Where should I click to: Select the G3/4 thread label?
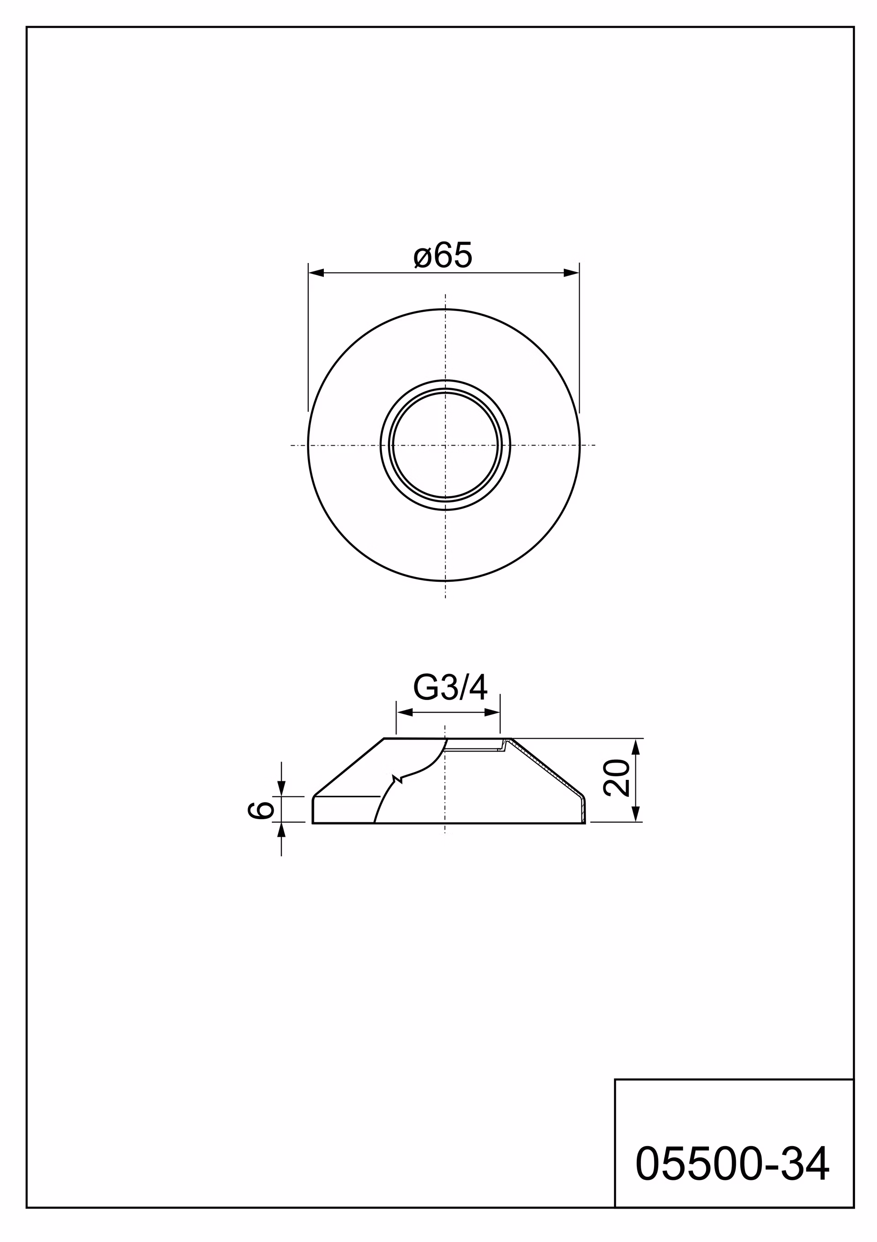[x=450, y=688]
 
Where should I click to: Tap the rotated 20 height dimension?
[x=616, y=777]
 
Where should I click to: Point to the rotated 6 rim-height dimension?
[x=260, y=810]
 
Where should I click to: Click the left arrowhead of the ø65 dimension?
[x=316, y=273]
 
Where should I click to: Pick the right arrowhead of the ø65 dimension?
[x=571, y=273]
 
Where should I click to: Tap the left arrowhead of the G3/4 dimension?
[x=405, y=712]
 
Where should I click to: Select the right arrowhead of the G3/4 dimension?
[x=492, y=712]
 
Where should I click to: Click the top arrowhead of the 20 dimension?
[x=636, y=747]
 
